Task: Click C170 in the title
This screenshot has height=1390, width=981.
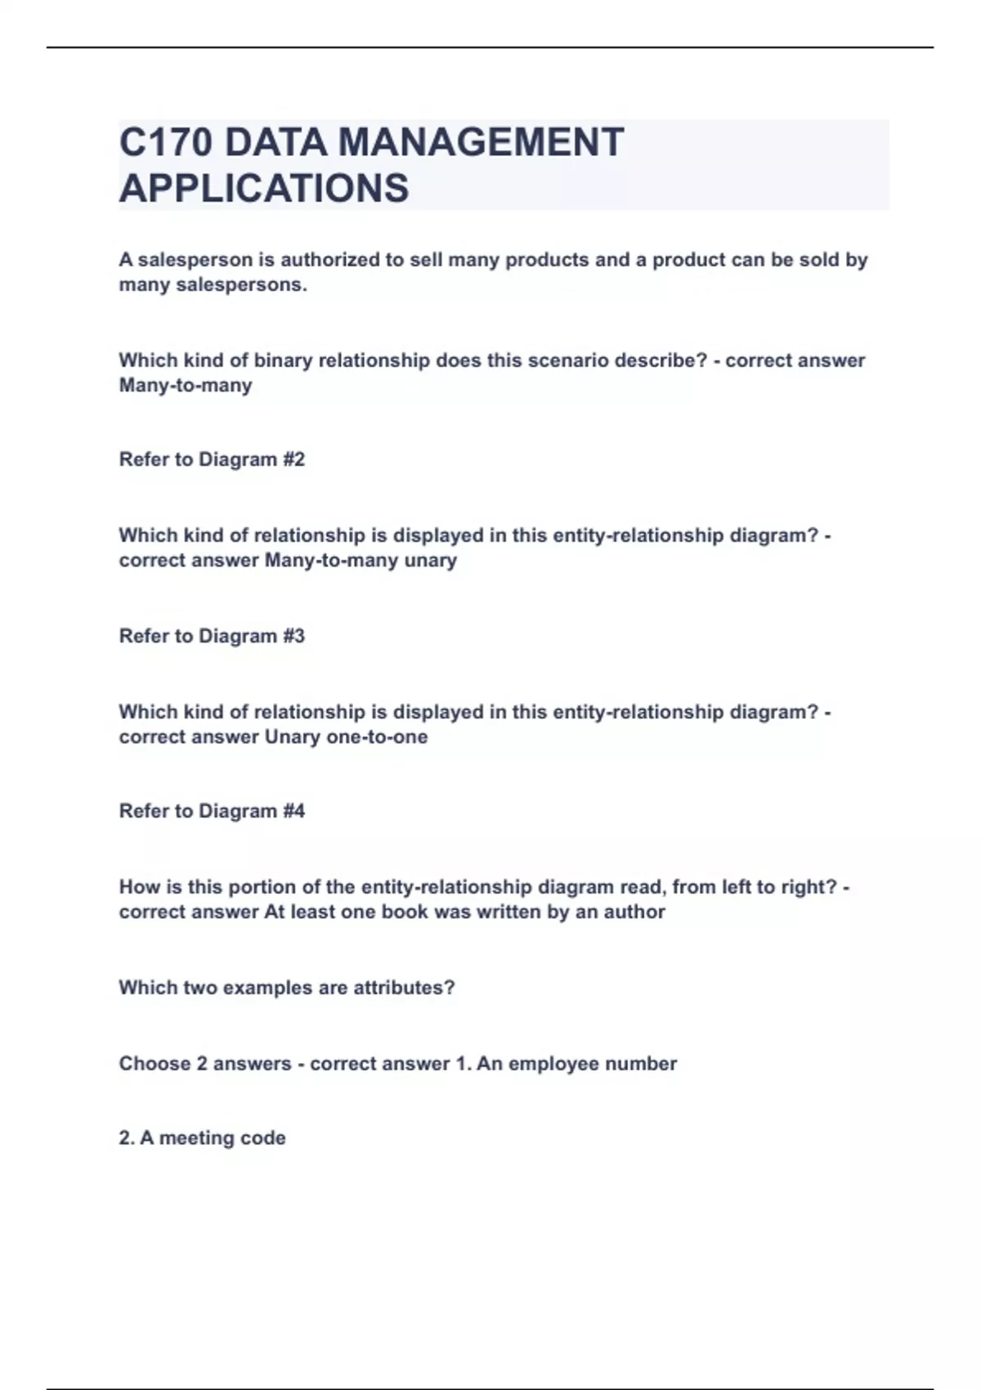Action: [165, 142]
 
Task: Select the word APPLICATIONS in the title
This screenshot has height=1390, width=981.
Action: [264, 188]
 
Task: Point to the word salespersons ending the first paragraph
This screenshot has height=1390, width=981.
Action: [241, 285]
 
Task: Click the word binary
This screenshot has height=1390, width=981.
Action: [283, 361]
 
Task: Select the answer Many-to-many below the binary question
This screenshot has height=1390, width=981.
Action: [186, 385]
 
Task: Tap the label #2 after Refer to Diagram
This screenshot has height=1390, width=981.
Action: [293, 460]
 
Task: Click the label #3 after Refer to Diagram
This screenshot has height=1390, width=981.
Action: [293, 636]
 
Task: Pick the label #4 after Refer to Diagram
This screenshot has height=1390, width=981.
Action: [293, 811]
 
